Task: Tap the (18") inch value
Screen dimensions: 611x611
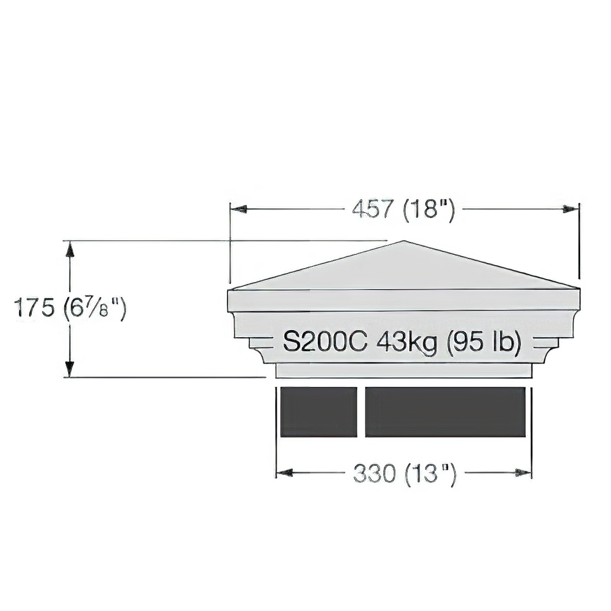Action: click(428, 210)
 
